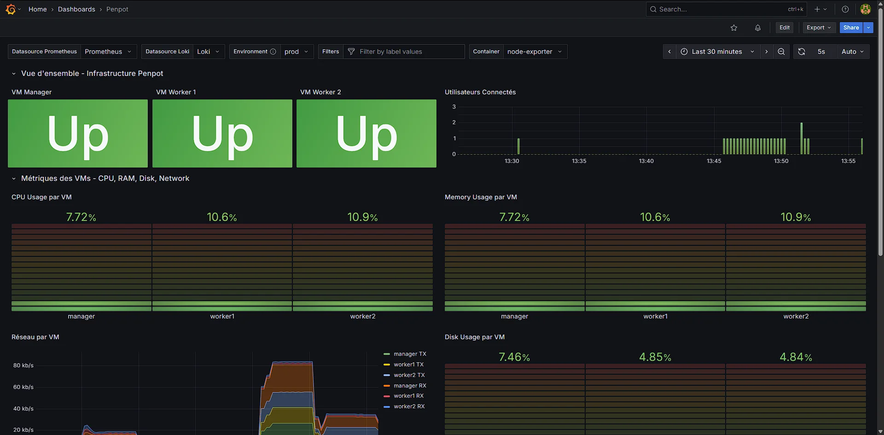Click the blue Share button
851,28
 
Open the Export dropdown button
819,28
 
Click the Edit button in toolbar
785,28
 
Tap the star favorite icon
734,28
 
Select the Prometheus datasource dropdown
108,52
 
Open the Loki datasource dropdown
208,52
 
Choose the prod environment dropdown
296,52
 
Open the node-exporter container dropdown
534,52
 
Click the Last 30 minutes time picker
717,52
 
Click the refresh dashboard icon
802,52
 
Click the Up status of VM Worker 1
222,133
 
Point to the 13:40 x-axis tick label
646,161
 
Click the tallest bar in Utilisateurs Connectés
802,138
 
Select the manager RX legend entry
410,386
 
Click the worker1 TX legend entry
408,365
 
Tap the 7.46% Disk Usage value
514,357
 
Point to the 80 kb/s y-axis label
23,365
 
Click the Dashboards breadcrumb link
76,9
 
